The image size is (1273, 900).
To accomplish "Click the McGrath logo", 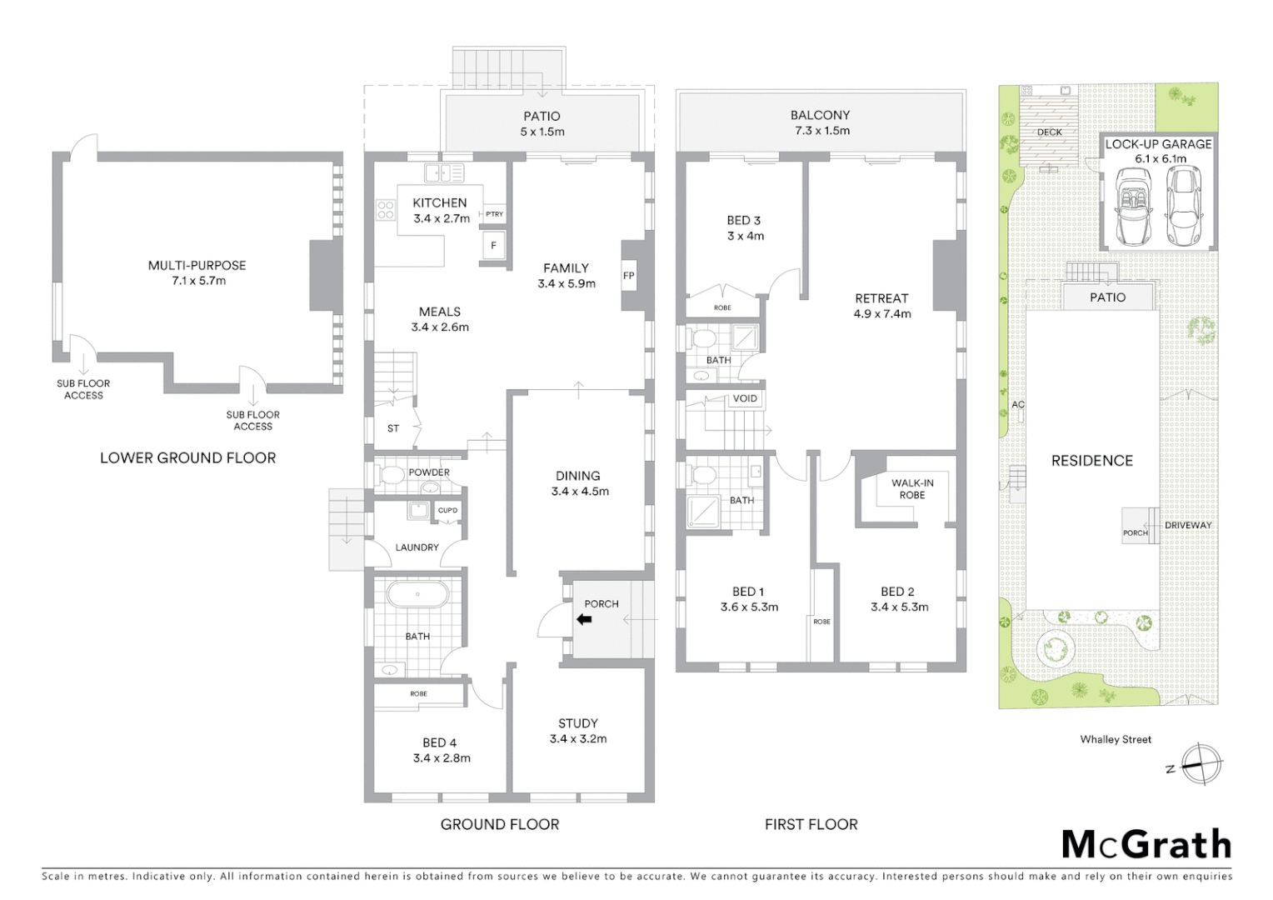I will (1146, 844).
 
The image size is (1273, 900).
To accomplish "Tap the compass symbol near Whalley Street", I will (1201, 763).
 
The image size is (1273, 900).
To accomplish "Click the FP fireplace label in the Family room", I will (629, 276).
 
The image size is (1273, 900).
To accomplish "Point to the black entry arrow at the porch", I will (584, 619).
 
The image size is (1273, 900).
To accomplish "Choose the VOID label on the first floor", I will (745, 398).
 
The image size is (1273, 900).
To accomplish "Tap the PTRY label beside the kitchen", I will (495, 214).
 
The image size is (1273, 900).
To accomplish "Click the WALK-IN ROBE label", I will (912, 489).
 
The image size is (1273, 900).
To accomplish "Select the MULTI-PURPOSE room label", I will (197, 266).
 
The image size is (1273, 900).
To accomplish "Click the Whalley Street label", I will (1116, 739).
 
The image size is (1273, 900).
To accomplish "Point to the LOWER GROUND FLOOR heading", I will (187, 457).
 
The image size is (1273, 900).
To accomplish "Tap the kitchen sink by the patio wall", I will (443, 173).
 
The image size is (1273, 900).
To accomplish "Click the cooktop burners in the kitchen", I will (385, 210).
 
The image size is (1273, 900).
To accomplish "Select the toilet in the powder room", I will (392, 476).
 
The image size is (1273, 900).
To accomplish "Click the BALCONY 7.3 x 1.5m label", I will (821, 122).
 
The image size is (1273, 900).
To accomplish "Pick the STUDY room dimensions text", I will (578, 739).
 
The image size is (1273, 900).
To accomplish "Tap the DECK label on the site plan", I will (1050, 132).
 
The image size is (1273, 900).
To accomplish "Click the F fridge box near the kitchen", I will (493, 246).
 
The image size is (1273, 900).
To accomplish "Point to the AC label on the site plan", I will (1017, 404).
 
